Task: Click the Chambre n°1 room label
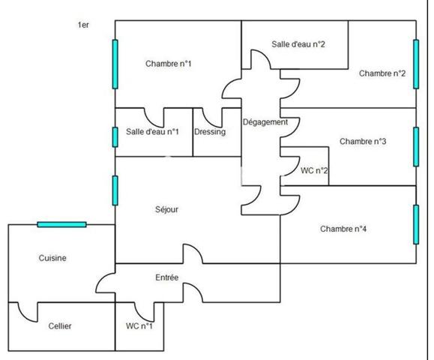[169, 64]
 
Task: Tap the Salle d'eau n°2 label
[298, 44]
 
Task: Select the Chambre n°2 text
[382, 73]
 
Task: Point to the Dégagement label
[265, 122]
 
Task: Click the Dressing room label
[210, 132]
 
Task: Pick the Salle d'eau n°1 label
[152, 131]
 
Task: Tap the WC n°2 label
[314, 170]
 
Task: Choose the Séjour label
[166, 209]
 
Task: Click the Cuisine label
[52, 258]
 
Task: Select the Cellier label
[60, 326]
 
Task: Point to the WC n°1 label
[139, 326]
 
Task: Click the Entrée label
[166, 277]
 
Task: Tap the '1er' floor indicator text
[83, 25]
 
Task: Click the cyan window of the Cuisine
[61, 224]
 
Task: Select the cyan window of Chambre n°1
[115, 64]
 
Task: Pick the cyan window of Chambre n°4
[416, 224]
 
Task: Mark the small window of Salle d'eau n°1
[115, 137]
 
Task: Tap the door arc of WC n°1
[142, 315]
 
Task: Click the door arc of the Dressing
[211, 121]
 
